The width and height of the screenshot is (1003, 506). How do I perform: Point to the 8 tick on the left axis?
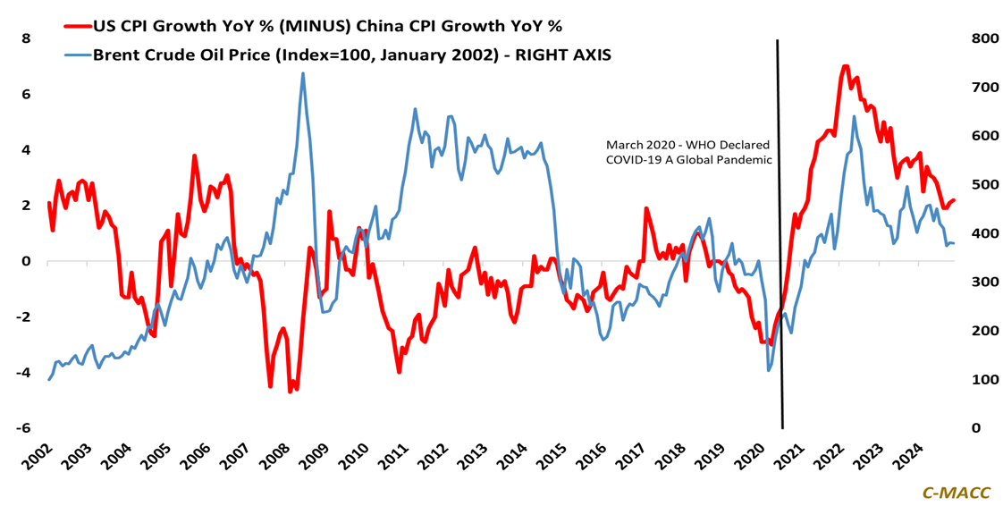[26, 38]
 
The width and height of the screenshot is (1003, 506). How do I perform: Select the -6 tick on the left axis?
[23, 428]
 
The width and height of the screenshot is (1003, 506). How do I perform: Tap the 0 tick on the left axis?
[26, 261]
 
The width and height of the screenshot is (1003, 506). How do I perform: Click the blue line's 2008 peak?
[302, 73]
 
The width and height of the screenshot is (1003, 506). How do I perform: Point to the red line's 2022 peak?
[845, 66]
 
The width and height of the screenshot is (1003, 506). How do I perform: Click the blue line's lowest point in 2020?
[769, 370]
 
